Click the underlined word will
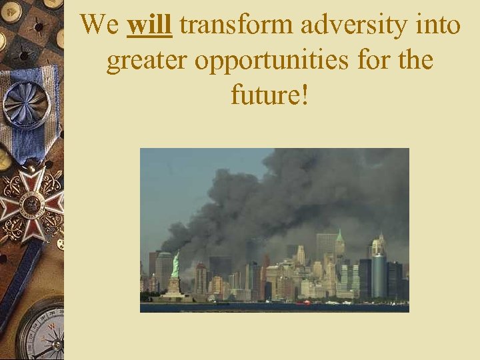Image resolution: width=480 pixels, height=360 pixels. point(150,25)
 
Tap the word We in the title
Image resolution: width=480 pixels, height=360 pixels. point(100,25)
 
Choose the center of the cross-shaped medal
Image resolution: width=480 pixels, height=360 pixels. point(30,201)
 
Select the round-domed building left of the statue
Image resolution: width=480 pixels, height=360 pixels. point(164,270)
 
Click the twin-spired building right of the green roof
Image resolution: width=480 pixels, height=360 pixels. point(378,245)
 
